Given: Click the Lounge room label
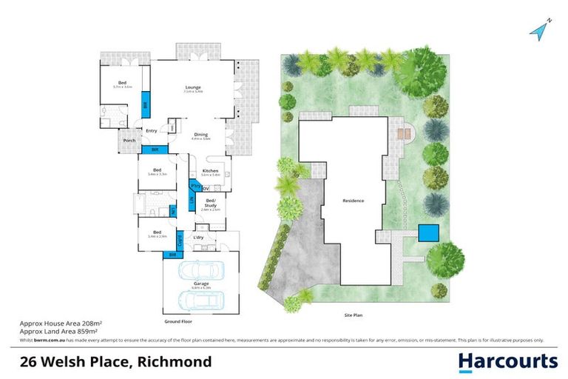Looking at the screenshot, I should [193, 87].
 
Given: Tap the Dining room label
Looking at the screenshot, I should [201, 135].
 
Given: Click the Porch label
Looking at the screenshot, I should [128, 141].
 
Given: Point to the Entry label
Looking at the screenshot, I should [151, 131].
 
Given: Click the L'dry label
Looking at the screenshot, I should [199, 237].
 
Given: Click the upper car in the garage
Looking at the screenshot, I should [200, 269].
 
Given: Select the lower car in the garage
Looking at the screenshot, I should [200, 300].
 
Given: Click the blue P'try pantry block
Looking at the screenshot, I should [196, 186].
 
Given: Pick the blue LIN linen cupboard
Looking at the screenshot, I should [191, 199].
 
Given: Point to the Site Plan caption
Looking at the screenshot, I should [353, 315].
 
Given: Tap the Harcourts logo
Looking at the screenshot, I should [507, 361].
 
